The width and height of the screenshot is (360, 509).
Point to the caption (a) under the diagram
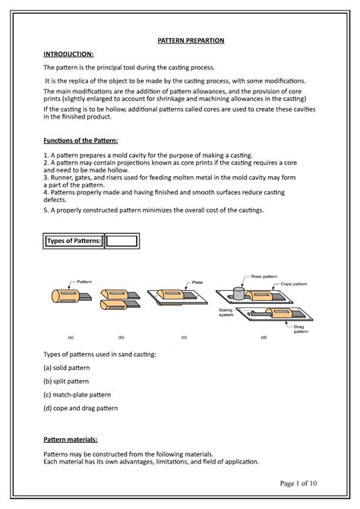coord(71,335)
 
